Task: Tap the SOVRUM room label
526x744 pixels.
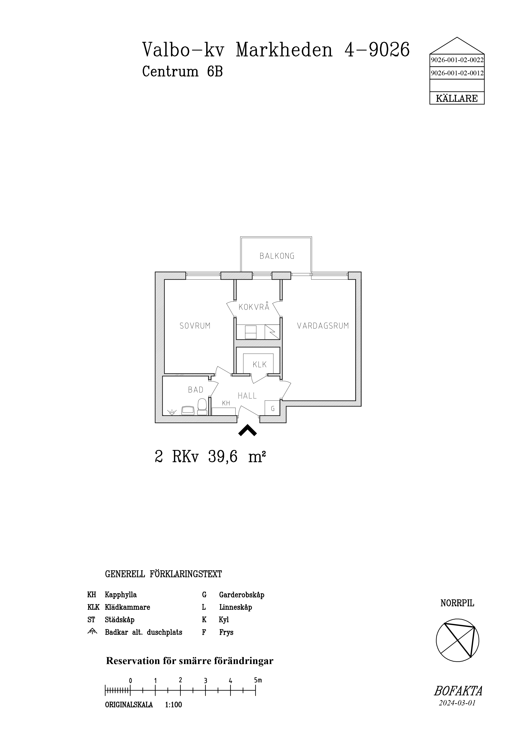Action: tap(195, 326)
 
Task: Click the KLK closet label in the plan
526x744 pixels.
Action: tap(259, 365)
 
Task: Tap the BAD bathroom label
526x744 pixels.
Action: tap(196, 390)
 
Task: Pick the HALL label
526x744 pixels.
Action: tap(247, 396)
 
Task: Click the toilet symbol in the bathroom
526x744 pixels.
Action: tap(202, 407)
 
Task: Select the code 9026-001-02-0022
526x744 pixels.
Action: tap(457, 60)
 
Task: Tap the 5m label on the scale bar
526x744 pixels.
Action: tap(258, 680)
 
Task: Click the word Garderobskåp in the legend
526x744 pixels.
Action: tap(242, 595)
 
